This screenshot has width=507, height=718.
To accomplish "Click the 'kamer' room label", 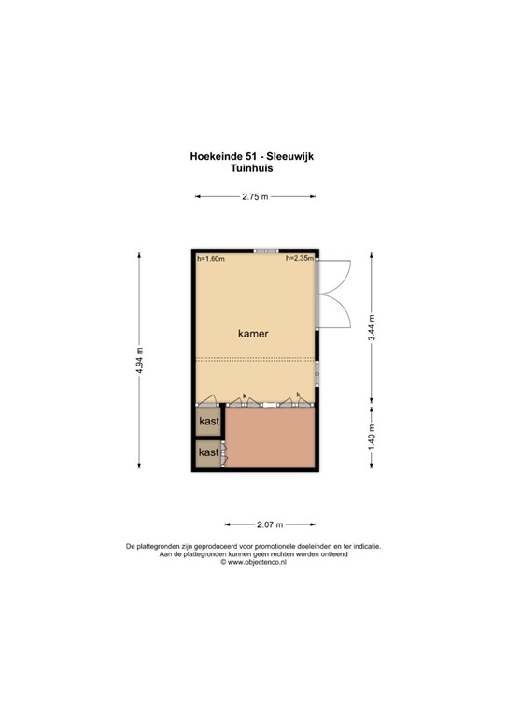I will (x=253, y=333).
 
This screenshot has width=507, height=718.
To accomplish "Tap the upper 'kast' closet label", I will (x=208, y=423).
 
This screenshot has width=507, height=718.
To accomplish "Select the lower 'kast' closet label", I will (x=208, y=452).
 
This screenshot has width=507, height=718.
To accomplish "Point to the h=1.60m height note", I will (x=211, y=259).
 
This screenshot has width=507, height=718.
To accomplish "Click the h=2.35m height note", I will (x=300, y=259).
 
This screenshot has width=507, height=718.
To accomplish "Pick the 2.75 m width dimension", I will (x=254, y=197).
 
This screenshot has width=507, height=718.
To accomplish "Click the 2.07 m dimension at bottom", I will (x=269, y=524).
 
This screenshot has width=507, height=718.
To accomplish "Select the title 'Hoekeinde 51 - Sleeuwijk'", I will (x=253, y=158).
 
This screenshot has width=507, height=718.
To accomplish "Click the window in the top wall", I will (x=266, y=251).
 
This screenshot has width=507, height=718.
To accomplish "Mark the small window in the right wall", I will (x=317, y=371).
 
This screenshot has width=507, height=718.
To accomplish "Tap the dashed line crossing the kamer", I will (x=255, y=360).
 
